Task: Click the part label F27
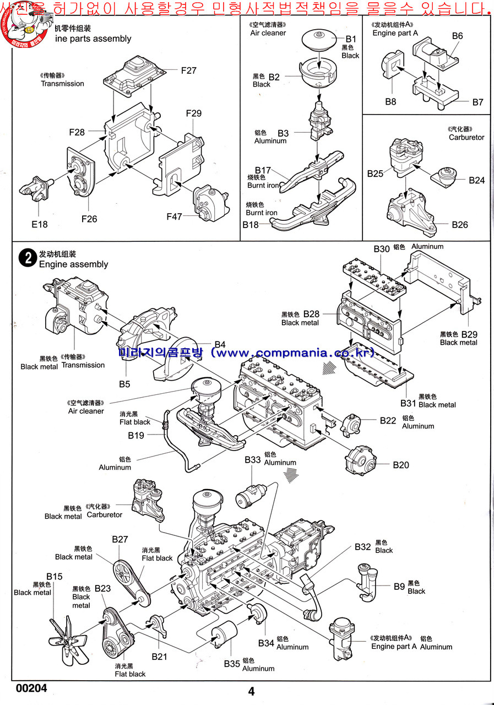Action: tap(188, 70)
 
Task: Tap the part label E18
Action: tap(40, 224)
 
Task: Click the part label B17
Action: tap(263, 171)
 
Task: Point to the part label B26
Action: tap(460, 224)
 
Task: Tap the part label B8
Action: tap(390, 101)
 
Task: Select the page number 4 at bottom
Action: tap(252, 692)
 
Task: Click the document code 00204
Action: tap(31, 688)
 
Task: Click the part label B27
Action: tap(120, 539)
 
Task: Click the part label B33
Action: tap(253, 459)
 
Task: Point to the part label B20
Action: tap(401, 465)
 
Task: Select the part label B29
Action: tap(469, 334)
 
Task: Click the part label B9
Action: tap(399, 587)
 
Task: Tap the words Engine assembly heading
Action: tap(73, 264)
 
